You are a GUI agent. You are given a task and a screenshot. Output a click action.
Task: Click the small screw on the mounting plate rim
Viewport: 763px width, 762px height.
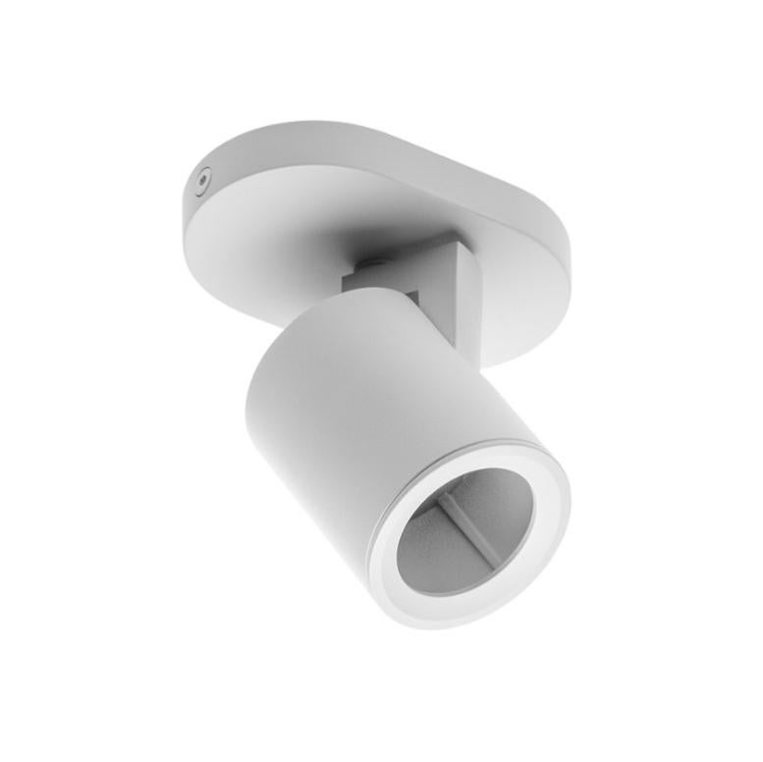202,181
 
